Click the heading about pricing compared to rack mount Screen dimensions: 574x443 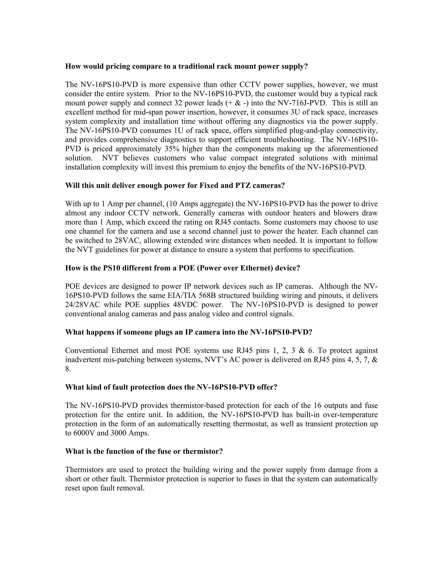[186, 66]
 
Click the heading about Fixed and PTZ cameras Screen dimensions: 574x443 [175, 186]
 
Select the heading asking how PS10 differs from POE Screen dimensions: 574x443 [182, 268]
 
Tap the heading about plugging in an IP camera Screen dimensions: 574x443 [188, 332]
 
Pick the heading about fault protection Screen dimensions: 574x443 [171, 387]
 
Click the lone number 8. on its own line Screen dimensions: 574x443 [68, 369]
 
